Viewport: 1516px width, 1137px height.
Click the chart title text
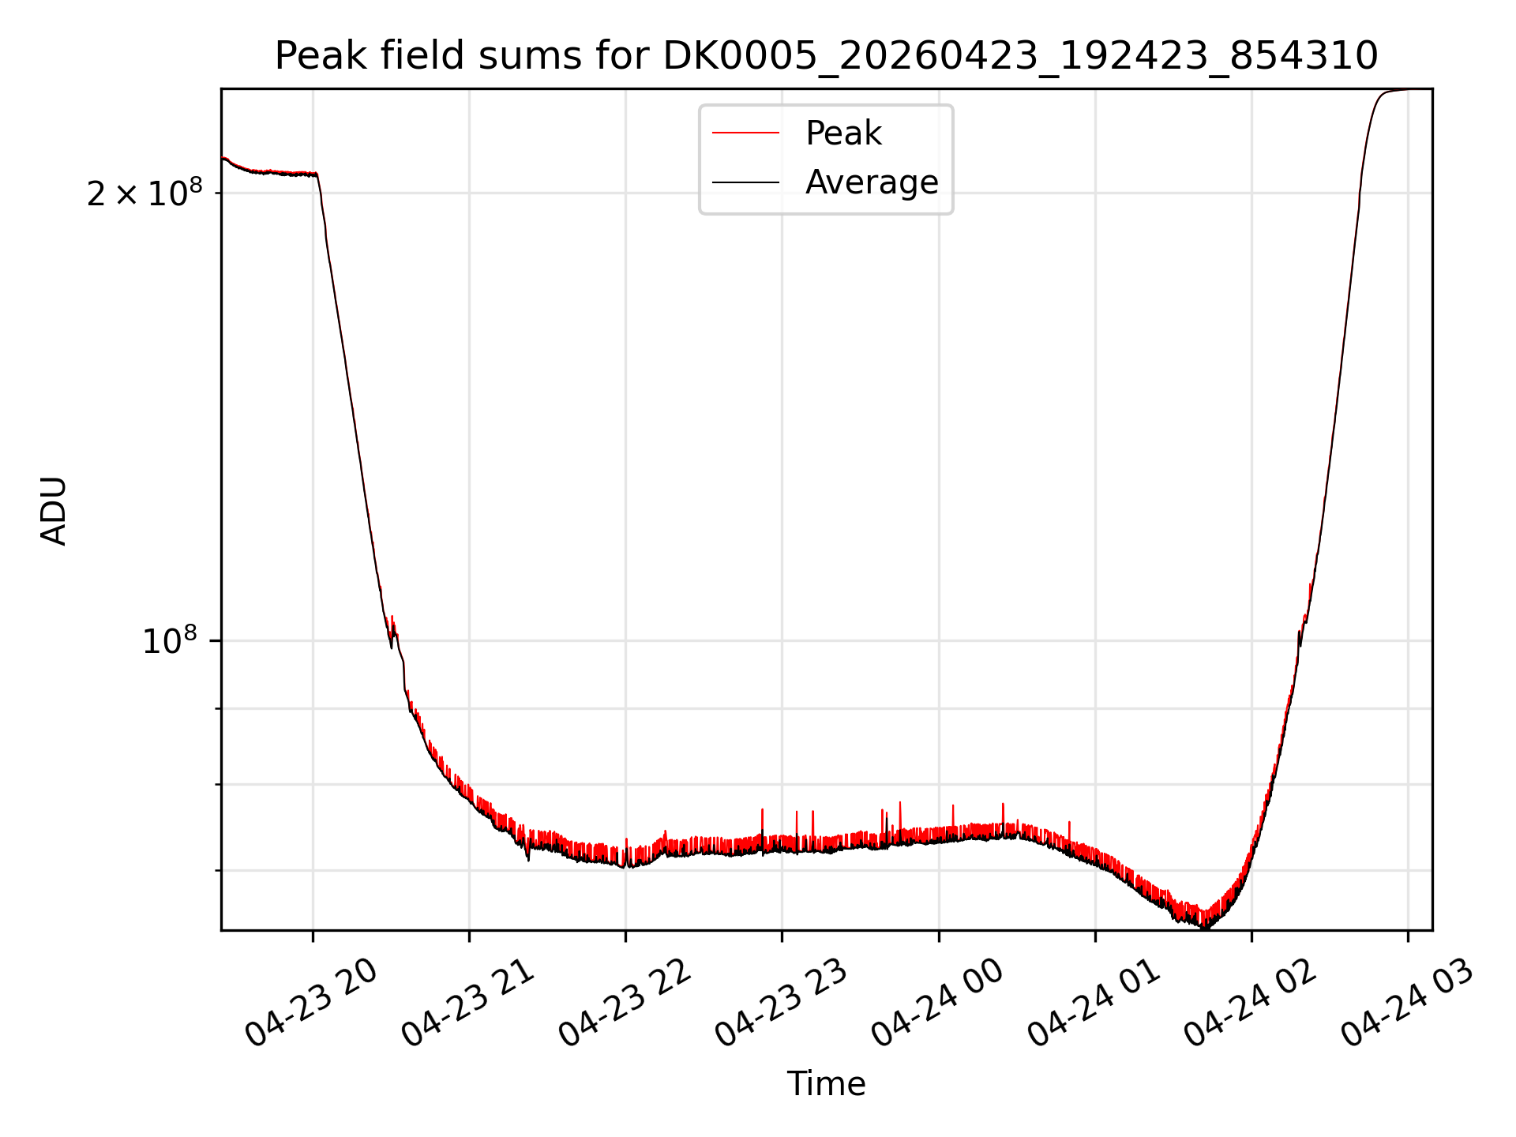tap(826, 56)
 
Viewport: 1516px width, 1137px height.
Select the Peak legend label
tap(843, 133)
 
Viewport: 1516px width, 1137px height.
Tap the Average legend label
tap(872, 182)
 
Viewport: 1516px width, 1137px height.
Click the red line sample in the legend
tap(745, 133)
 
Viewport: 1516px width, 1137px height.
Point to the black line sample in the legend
tap(745, 182)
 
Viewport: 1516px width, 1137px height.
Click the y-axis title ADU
tap(54, 510)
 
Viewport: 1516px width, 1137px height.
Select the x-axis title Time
tap(826, 1083)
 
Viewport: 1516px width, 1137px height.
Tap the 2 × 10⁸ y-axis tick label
tap(144, 193)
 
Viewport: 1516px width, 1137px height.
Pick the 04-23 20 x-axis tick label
tap(311, 1003)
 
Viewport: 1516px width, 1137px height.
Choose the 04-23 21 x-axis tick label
tap(467, 1003)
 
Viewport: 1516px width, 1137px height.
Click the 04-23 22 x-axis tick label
tap(624, 1003)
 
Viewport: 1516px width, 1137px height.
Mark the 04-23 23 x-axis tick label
tap(780, 1003)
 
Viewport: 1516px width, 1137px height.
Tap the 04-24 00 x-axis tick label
tap(936, 1003)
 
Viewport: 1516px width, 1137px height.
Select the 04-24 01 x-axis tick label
tap(1093, 1003)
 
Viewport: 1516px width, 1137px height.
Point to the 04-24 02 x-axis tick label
tap(1249, 1003)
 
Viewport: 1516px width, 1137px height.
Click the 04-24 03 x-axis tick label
tap(1406, 1003)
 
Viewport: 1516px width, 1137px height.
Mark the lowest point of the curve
tap(1205, 929)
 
